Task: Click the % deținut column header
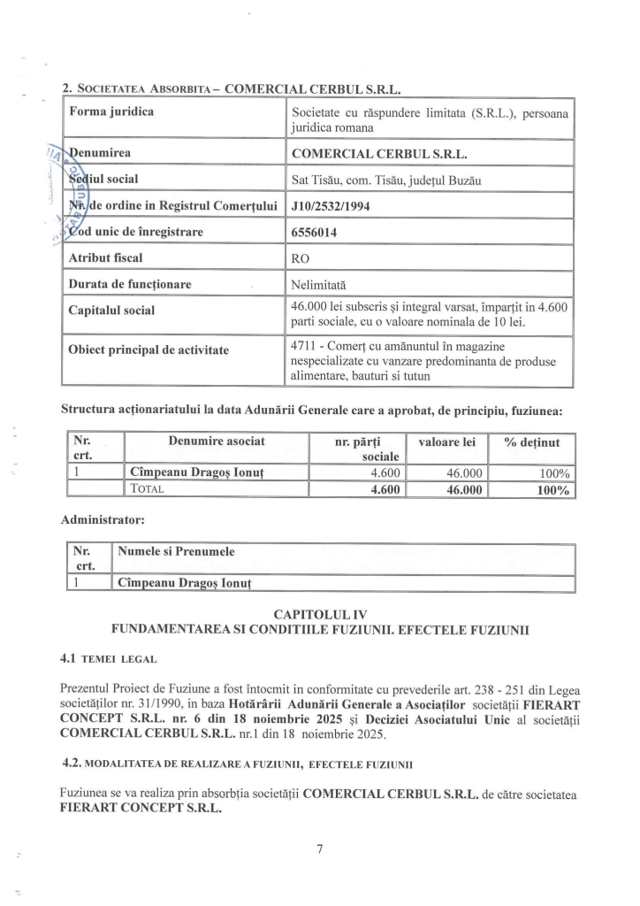[538, 441]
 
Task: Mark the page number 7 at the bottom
[319, 850]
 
